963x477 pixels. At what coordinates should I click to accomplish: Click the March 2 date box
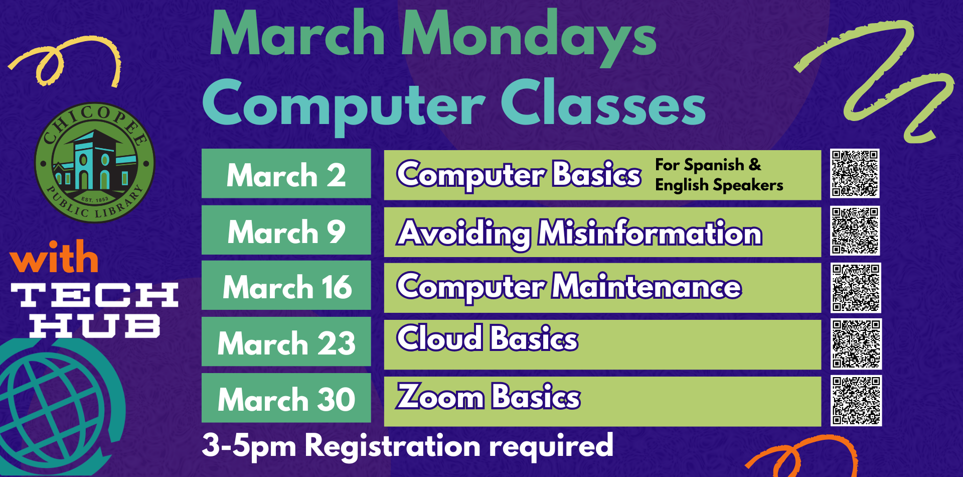tap(286, 173)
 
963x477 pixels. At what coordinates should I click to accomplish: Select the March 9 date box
tap(286, 230)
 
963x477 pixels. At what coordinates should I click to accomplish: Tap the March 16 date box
tap(286, 285)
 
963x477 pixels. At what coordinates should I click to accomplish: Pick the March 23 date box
tap(286, 341)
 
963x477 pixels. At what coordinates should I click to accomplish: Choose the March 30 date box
tap(286, 398)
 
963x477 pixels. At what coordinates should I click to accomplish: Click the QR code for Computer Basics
tap(855, 173)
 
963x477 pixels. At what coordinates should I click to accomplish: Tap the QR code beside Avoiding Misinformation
tap(855, 230)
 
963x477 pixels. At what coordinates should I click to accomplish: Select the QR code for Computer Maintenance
tap(856, 288)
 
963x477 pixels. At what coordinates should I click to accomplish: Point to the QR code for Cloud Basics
tap(856, 344)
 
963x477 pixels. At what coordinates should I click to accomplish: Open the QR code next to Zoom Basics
tap(856, 401)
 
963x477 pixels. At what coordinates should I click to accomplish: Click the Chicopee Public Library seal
tap(94, 163)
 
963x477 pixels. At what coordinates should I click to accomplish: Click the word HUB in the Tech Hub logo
tap(95, 326)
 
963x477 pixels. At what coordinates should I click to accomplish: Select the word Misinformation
tap(650, 233)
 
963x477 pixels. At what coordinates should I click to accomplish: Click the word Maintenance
tap(647, 286)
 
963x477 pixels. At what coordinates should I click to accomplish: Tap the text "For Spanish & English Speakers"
tap(719, 175)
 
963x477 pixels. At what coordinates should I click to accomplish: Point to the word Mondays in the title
tap(529, 35)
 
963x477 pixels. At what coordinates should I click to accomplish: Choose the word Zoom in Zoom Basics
tap(440, 397)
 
